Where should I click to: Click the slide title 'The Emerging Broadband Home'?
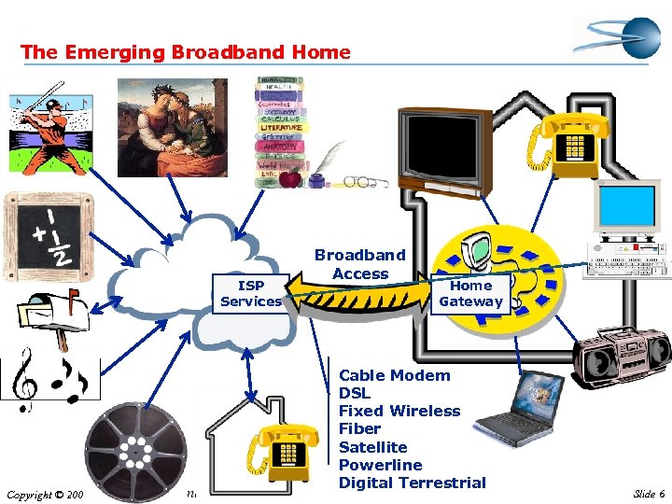tap(186, 52)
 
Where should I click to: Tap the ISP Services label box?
tap(250, 293)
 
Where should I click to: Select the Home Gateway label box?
tap(470, 293)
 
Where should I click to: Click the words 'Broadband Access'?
tap(360, 264)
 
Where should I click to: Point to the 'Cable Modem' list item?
tap(394, 375)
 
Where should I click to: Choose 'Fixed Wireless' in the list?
tap(399, 411)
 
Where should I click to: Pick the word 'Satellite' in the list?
tap(372, 447)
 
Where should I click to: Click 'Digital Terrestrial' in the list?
tap(412, 483)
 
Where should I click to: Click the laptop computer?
tap(528, 411)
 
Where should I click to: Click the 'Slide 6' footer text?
tap(648, 494)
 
